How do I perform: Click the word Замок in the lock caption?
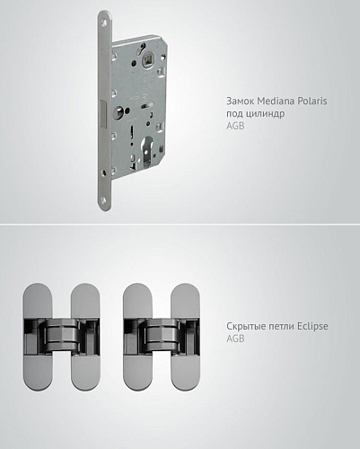241,101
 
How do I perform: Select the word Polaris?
312,101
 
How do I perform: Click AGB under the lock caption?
235,126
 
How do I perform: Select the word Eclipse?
312,326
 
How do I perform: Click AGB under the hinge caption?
235,339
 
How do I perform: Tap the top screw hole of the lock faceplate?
104,22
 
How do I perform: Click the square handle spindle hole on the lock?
148,60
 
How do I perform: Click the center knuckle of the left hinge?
62,335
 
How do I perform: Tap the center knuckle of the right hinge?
162,335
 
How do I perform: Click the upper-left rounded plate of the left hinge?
38,301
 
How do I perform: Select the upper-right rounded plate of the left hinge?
85,301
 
